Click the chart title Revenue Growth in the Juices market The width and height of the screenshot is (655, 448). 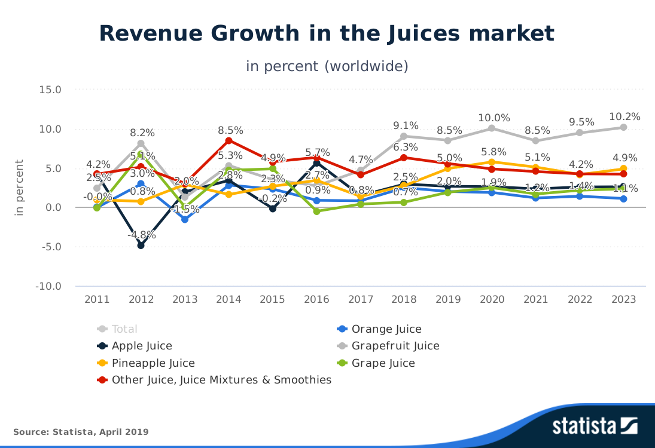327,34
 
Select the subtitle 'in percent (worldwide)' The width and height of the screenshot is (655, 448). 327,66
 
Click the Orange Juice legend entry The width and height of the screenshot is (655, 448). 386,329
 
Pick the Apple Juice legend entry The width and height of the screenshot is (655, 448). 142,346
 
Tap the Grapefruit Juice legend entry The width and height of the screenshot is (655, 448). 395,346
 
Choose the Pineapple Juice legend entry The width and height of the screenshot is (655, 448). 153,363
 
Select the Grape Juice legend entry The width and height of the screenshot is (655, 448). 383,363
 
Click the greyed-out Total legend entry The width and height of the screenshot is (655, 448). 124,329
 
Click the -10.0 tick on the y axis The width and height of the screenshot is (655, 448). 48,286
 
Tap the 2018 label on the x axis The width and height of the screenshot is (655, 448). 404,299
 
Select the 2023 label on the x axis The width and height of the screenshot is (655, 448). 623,299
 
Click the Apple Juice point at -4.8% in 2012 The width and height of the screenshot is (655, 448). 141,245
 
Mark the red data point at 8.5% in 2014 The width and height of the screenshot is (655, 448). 229,140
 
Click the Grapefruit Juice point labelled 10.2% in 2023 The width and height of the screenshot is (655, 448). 623,127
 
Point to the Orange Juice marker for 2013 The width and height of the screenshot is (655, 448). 185,219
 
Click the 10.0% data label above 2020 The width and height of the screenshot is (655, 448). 492,118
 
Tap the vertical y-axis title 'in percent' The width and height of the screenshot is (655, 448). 19,188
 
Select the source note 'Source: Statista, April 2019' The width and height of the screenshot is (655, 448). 81,432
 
